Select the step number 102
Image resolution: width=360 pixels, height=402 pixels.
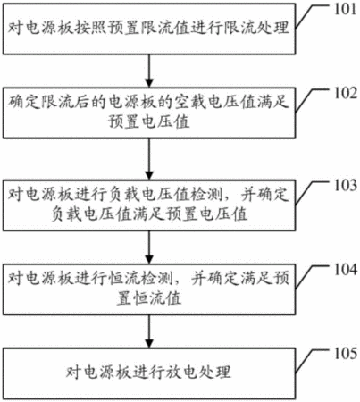coord(345,93)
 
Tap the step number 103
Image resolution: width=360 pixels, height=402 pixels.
coord(345,185)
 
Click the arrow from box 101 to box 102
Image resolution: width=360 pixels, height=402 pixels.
coord(149,71)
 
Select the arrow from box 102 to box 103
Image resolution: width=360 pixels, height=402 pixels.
coord(149,159)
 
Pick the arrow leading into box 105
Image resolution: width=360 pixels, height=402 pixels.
coord(149,331)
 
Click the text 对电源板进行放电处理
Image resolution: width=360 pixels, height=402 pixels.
coord(148,373)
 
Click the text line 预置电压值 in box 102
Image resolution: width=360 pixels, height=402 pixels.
coord(149,121)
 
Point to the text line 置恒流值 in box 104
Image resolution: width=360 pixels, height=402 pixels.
coord(149,298)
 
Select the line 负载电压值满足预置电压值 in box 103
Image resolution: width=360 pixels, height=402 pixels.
coord(149,214)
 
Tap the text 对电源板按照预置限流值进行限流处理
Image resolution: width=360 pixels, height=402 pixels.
coord(148,29)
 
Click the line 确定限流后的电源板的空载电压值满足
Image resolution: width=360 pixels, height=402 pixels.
coord(148,103)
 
